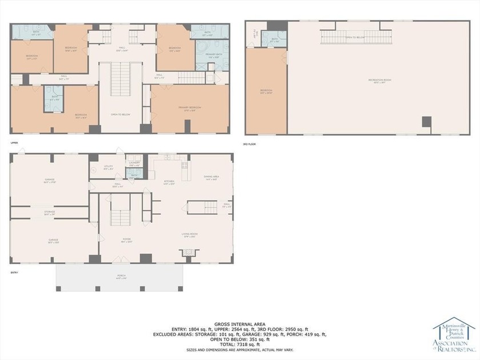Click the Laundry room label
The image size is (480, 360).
tap(134, 163)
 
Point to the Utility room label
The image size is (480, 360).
tap(109, 168)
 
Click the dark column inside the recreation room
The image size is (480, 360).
tap(426, 122)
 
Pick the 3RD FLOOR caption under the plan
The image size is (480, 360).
tap(249, 144)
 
